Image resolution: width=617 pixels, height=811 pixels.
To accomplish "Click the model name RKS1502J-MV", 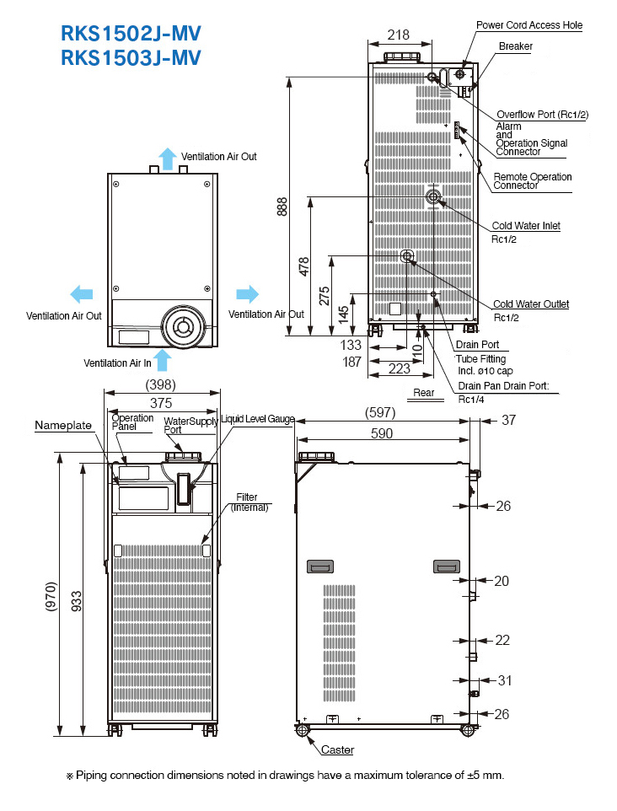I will point(131,34).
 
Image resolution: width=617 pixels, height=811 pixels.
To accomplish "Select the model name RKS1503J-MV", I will point(131,57).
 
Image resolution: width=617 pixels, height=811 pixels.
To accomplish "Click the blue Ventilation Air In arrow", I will point(163,360).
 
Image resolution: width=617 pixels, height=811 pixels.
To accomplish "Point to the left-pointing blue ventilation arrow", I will point(81,293).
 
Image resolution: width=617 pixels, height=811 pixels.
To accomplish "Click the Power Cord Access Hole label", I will point(528,25).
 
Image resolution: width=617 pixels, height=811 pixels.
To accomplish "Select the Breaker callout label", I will point(515,46).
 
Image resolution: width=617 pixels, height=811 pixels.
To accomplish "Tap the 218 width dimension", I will point(399,35).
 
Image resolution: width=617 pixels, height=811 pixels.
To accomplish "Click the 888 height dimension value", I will point(282,207).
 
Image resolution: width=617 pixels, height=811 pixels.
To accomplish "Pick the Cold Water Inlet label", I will point(526,226).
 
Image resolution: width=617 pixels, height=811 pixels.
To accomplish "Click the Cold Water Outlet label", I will point(530,304).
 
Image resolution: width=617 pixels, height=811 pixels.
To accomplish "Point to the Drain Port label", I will point(477,345).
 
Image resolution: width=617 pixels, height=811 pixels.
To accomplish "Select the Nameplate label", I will point(63,426).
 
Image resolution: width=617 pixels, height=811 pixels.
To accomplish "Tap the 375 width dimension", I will point(161,403).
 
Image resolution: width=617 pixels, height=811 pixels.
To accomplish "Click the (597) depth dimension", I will point(381,413).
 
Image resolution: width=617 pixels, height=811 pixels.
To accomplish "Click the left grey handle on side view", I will point(321,567).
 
